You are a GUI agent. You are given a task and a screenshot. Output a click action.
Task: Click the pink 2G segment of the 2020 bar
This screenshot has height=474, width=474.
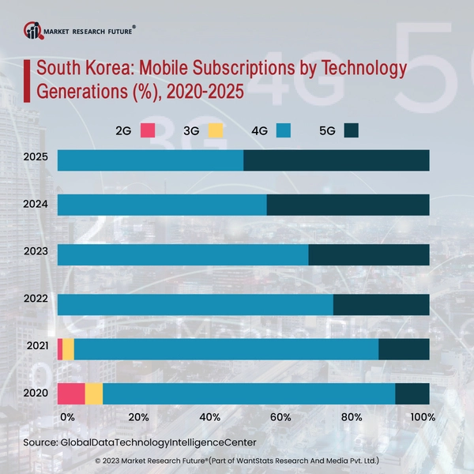pos(71,393)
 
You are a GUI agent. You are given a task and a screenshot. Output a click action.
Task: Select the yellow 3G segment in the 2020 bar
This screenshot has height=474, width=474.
pos(94,393)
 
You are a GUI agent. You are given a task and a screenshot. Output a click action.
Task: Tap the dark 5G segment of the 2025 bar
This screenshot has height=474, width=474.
pos(337,160)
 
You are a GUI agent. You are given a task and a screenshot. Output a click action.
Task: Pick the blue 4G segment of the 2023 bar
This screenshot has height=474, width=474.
pos(182,254)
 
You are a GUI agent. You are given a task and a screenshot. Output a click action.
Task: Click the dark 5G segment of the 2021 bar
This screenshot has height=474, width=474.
pos(404,348)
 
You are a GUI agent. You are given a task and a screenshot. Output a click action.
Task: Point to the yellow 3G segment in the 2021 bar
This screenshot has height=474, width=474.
pos(68,348)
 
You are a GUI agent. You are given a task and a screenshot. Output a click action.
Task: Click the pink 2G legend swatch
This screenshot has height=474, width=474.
pos(148,130)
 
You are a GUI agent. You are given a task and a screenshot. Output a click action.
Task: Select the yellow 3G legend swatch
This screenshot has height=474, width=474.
pos(215,130)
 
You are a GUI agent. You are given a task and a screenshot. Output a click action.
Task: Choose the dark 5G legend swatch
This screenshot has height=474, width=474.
pos(352,130)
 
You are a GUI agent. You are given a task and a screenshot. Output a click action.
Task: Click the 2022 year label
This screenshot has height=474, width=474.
pos(36,300)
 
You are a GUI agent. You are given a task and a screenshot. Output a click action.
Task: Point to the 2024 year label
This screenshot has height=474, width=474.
pos(36,205)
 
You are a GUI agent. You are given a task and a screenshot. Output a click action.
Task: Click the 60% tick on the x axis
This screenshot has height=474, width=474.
pos(280,417)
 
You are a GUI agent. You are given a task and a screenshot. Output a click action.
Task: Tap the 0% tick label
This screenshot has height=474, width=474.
pos(67,417)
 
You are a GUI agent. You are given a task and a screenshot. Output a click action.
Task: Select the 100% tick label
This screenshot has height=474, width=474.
pos(423,417)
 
